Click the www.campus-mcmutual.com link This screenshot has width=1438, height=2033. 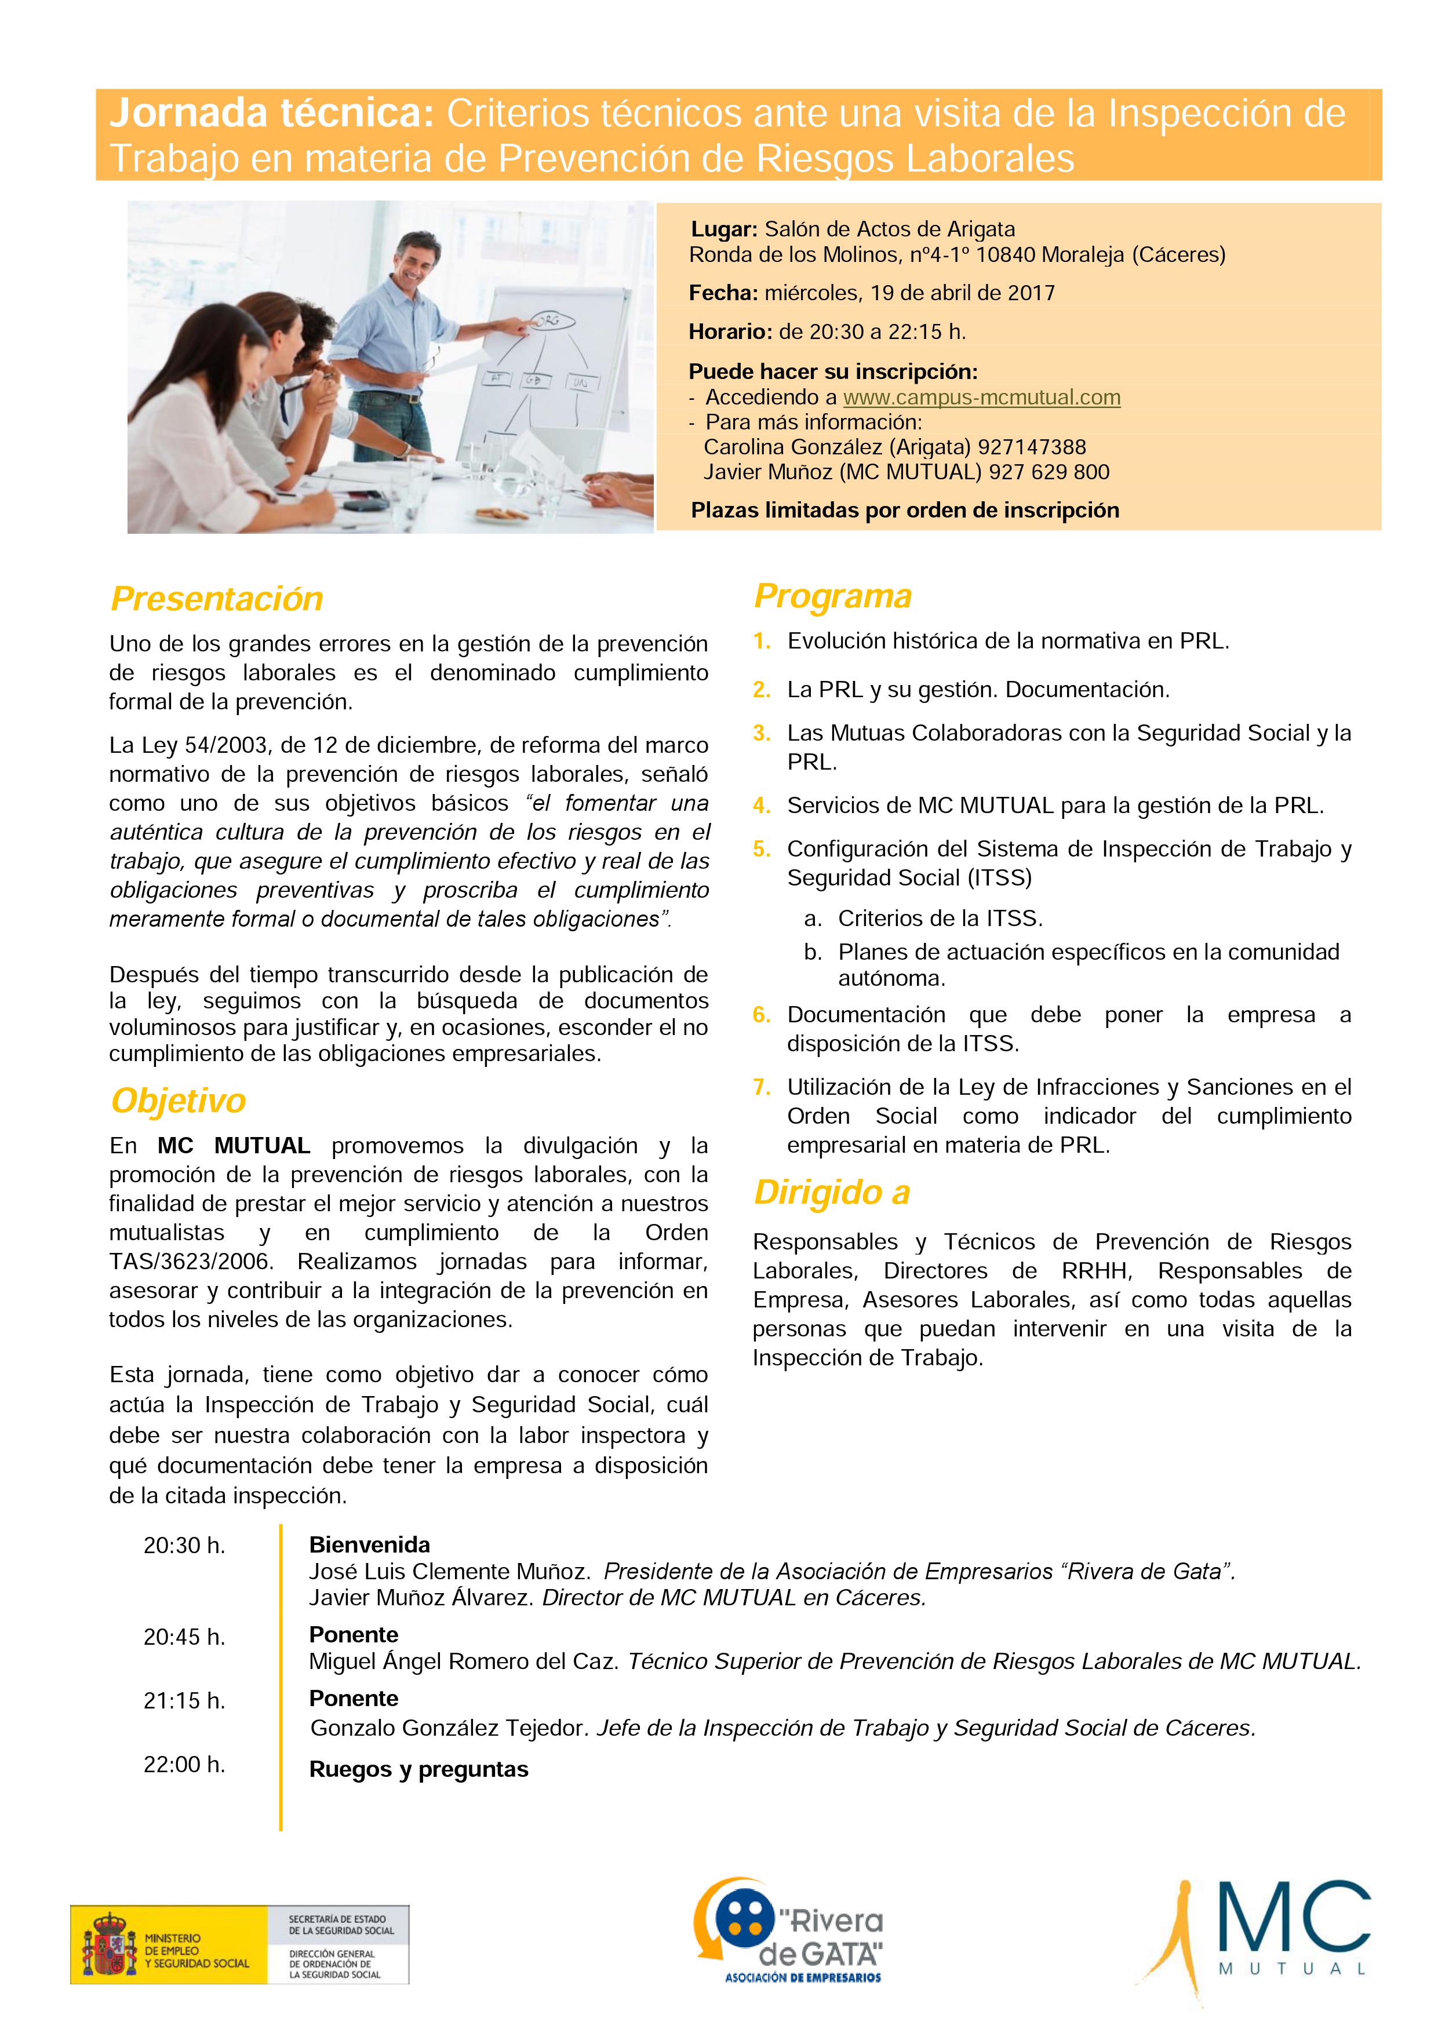click(981, 398)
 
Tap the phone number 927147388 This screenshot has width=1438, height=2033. click(1032, 447)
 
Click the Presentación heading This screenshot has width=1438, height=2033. click(217, 599)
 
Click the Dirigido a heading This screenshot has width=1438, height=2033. click(832, 1193)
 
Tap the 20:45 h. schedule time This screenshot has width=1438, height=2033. click(184, 1637)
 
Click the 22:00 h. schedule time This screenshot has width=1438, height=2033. click(184, 1765)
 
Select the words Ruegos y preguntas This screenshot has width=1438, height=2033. click(419, 1769)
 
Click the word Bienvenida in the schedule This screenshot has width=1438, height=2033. click(369, 1544)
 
